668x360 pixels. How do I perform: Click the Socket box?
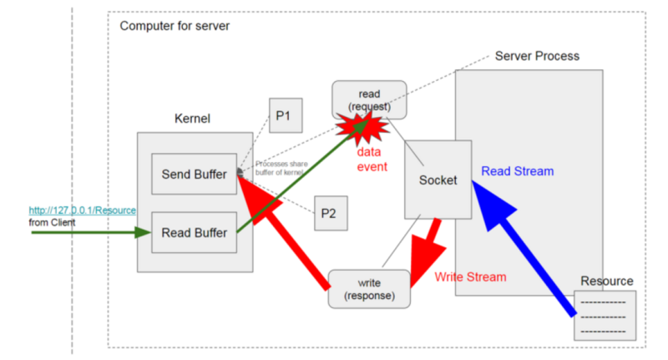(438, 180)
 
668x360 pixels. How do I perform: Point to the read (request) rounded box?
(368, 99)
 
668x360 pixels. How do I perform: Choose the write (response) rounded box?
(369, 289)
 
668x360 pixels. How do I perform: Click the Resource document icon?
(605, 315)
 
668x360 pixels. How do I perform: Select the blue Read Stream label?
(517, 171)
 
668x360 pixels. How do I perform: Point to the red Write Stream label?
(470, 276)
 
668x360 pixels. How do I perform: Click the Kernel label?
(192, 119)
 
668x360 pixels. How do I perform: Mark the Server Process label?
(537, 56)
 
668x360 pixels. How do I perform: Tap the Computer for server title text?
(175, 26)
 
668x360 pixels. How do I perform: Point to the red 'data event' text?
(372, 160)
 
